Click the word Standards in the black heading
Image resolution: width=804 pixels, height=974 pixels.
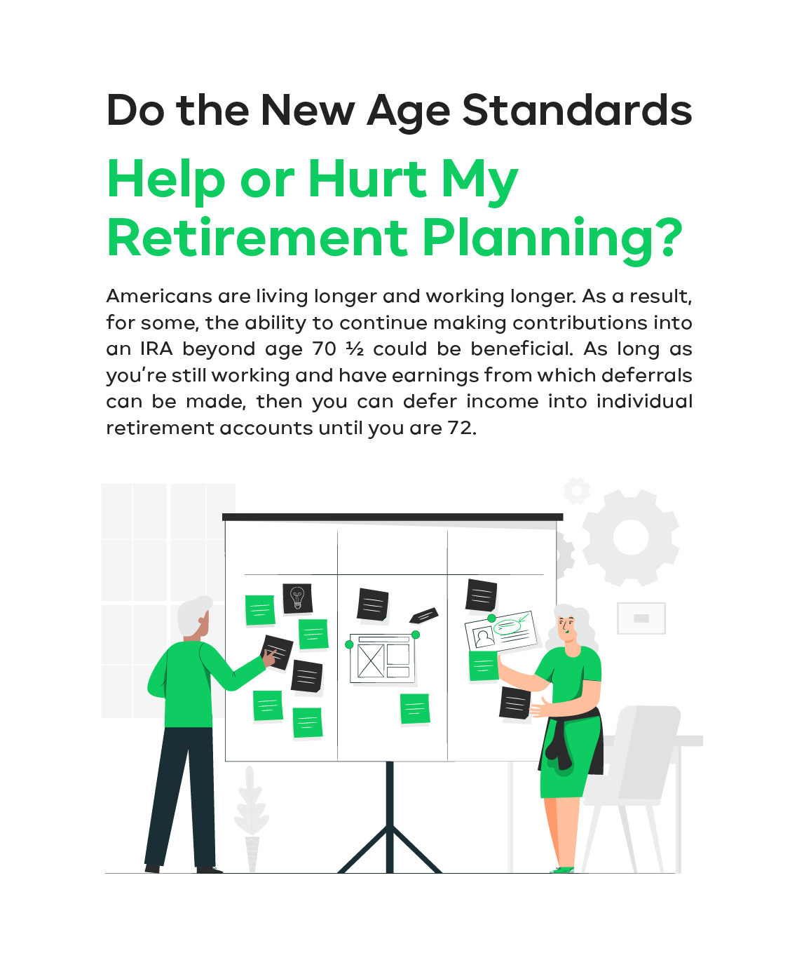tap(577, 111)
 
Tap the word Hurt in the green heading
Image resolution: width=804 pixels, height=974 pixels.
tap(367, 180)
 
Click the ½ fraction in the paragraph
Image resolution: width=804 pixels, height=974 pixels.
tap(355, 349)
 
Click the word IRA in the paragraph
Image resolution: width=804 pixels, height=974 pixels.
tap(156, 349)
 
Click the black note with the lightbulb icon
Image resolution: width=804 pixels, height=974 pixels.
tap(297, 598)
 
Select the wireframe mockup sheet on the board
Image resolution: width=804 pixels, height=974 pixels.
tap(382, 658)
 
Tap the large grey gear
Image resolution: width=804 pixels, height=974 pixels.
tap(631, 537)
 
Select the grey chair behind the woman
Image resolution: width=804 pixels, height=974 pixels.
tap(632, 787)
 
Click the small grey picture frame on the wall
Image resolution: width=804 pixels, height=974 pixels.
tap(641, 618)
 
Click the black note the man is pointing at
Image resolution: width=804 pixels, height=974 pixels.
tap(278, 652)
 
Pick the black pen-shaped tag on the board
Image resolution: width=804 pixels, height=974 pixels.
tap(423, 615)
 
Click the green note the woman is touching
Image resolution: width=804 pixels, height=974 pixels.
tap(484, 665)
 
